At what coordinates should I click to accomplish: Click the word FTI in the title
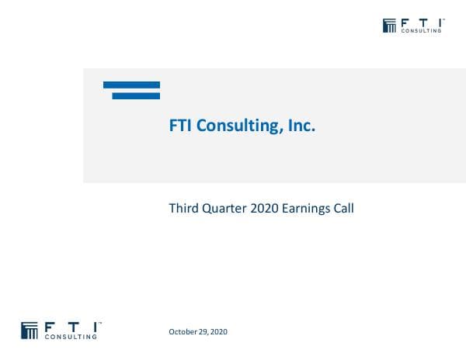click(x=181, y=125)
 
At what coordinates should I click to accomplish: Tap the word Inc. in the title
click(x=299, y=125)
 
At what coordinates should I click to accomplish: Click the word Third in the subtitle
click(x=184, y=208)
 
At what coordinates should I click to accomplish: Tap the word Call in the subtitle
click(x=344, y=208)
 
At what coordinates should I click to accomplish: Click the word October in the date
click(x=183, y=332)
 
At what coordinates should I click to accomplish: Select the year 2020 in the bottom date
click(x=218, y=332)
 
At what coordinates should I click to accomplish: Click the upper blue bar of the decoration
click(x=131, y=85)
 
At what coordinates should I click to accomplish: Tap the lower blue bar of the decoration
click(x=136, y=95)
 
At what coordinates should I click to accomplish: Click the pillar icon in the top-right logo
click(x=390, y=26)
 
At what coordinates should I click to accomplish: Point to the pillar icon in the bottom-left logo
click(x=30, y=330)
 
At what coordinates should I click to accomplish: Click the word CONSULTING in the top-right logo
click(x=422, y=32)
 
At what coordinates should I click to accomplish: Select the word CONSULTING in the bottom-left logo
click(x=71, y=337)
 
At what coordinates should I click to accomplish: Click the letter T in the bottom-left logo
click(x=72, y=326)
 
